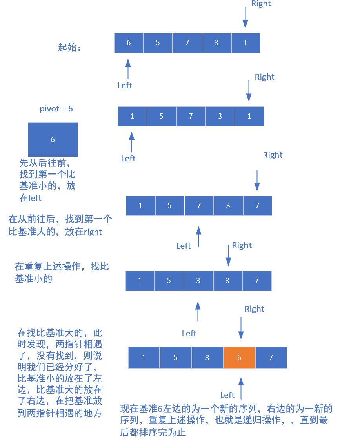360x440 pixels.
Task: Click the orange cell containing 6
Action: (239, 358)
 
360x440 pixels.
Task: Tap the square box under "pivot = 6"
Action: (53, 140)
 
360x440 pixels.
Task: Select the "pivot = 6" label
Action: (56, 109)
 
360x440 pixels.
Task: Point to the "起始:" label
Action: (69, 48)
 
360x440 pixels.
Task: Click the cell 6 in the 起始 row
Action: (129, 43)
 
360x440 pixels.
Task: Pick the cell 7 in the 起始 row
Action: (187, 43)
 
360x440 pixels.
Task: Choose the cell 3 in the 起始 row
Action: (216, 43)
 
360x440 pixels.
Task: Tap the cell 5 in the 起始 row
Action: (158, 43)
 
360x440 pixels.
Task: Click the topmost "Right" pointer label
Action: (261, 4)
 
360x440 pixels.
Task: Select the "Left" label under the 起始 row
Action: (125, 86)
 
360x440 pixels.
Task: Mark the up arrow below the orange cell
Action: (241, 387)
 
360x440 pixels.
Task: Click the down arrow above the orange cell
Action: (241, 328)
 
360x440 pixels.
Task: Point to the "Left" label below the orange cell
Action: (227, 395)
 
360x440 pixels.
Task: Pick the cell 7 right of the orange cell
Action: (271, 358)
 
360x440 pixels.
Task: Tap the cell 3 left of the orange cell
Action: (207, 358)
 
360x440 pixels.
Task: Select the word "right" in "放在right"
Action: (93, 232)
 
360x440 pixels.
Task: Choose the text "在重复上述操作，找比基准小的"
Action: (62, 273)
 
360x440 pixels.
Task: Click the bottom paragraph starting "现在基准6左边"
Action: (226, 420)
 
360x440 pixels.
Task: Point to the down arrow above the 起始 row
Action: (245, 18)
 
